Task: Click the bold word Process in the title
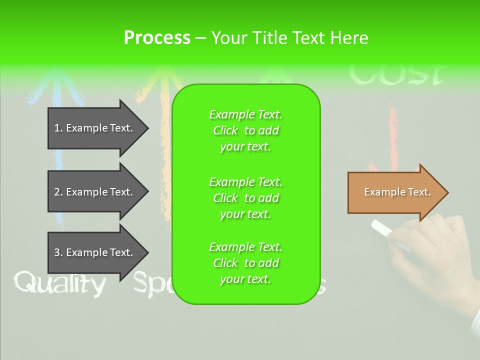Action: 157,38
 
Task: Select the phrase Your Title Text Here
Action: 289,38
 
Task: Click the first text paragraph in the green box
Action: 245,130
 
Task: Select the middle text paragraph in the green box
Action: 245,198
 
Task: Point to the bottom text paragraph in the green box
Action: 245,263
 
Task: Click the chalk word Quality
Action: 60,284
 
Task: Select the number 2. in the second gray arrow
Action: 58,192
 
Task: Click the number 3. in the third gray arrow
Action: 58,252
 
